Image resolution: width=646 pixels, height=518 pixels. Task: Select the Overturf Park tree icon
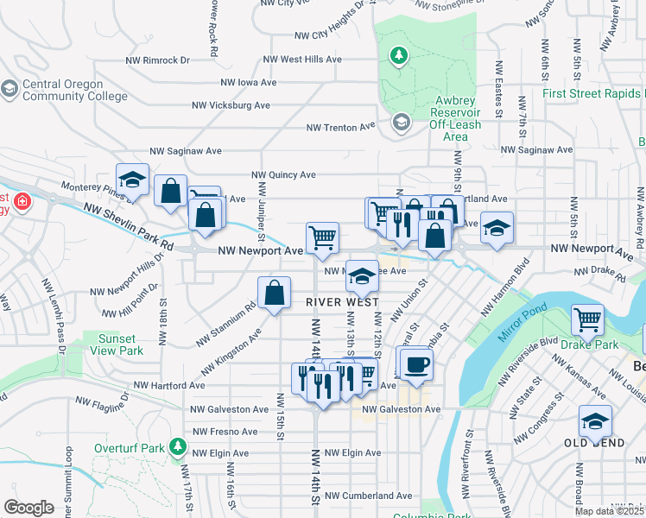[x=178, y=446]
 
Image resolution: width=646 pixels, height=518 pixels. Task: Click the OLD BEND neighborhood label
[x=594, y=442]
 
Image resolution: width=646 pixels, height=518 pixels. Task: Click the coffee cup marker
[x=416, y=365]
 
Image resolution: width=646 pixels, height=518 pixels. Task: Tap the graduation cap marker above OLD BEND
[x=594, y=421]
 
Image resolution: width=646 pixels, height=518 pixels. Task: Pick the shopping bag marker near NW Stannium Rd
[x=274, y=293]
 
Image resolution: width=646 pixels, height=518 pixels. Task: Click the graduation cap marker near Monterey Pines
[x=132, y=180]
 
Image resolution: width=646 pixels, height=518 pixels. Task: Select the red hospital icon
[x=21, y=203]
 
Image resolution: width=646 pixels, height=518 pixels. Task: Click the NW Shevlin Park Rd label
[x=130, y=227]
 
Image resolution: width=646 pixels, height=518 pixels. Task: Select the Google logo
[x=28, y=508]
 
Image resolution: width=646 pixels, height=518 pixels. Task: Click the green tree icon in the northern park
[x=398, y=56]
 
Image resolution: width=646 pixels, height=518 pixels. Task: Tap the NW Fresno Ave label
[x=225, y=431]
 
